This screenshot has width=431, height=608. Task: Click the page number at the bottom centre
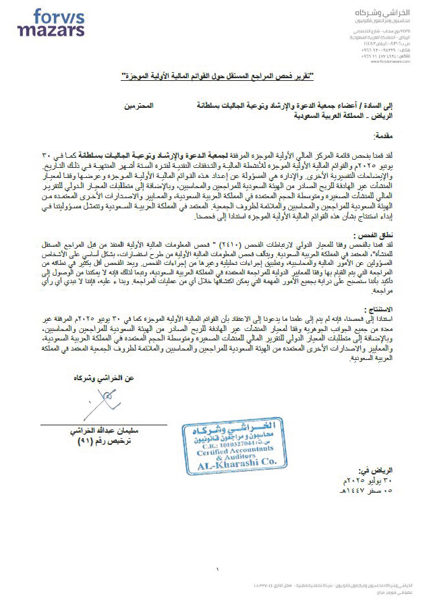coord(218,570)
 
